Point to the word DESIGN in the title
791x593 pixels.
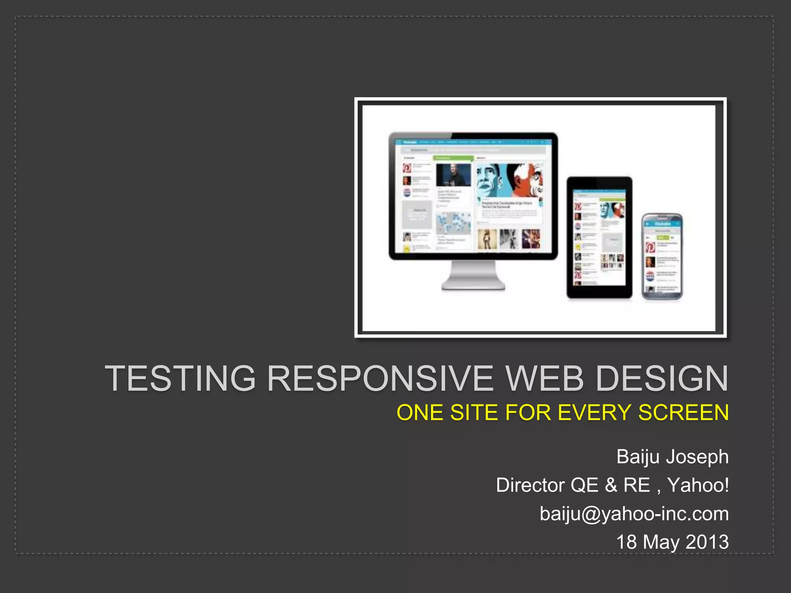(662, 379)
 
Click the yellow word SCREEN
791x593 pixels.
(683, 413)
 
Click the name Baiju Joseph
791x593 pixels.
(672, 457)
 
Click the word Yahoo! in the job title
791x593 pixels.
(698, 485)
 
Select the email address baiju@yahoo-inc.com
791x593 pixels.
(634, 514)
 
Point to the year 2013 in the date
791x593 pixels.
(707, 542)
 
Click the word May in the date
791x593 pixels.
(661, 542)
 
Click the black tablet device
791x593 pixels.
(599, 237)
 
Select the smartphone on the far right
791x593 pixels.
(662, 256)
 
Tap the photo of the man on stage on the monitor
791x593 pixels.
(453, 175)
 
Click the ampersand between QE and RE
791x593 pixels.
(611, 485)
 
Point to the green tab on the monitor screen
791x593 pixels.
(453, 158)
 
